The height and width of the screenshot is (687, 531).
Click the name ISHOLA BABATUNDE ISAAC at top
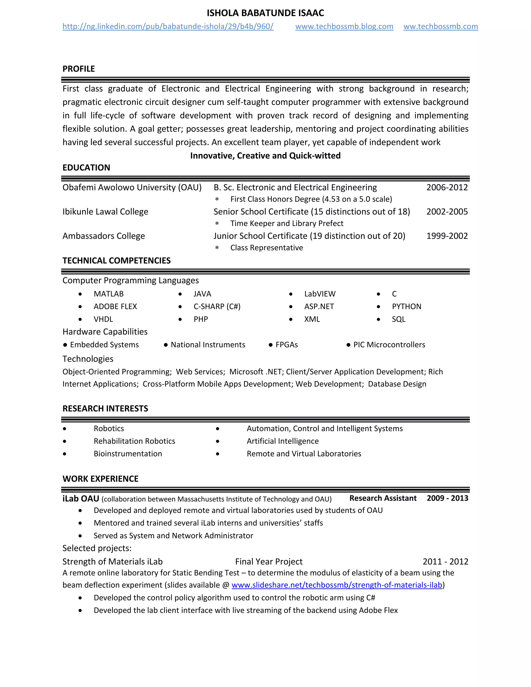point(265,13)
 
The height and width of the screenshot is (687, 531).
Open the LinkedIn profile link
point(168,26)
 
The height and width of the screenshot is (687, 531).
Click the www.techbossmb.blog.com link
point(344,26)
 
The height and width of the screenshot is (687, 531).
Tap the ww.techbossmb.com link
point(441,26)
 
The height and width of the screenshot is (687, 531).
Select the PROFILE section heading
point(79,69)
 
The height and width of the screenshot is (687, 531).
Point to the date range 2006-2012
point(447,187)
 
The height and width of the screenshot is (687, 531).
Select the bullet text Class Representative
point(267,248)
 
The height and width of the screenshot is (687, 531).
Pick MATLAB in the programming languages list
point(109,294)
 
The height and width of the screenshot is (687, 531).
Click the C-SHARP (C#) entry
point(217,306)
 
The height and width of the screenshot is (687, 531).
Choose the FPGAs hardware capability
point(286,345)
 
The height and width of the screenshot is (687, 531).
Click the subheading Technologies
point(88,359)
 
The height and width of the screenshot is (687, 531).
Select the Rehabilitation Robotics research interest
point(134,441)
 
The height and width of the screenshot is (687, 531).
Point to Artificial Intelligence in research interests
point(283,441)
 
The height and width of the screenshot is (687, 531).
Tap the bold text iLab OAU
point(81,499)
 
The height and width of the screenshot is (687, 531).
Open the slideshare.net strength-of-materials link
point(337,585)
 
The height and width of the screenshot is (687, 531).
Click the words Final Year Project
point(269,562)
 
